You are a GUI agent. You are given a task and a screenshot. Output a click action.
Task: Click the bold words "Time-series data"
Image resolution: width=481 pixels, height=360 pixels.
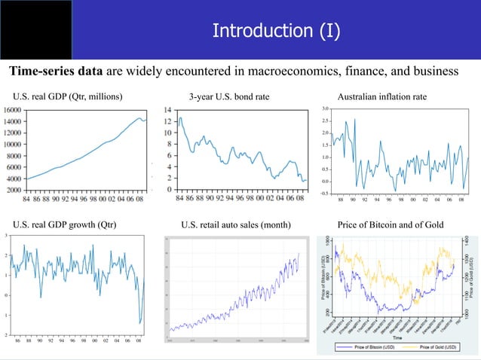[x=56, y=72]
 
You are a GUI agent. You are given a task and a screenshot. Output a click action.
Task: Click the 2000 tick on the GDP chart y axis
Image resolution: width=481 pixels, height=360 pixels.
[x=14, y=191]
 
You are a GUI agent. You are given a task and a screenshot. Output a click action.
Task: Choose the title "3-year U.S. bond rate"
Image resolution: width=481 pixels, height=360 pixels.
[x=228, y=97]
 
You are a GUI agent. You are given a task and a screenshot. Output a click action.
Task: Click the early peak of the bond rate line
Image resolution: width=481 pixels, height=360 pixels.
[x=180, y=118]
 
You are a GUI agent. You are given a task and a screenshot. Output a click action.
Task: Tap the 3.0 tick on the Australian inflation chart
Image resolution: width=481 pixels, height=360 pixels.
[x=323, y=109]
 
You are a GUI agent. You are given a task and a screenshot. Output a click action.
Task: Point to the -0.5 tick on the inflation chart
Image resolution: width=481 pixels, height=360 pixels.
[x=323, y=194]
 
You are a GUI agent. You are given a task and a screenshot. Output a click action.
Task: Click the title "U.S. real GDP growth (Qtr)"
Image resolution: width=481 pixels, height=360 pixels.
[x=65, y=225]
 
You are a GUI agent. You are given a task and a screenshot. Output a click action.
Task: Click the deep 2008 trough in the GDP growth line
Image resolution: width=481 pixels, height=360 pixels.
[x=140, y=323]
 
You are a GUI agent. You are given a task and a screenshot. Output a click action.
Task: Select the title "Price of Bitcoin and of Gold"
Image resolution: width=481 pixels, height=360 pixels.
[x=391, y=225]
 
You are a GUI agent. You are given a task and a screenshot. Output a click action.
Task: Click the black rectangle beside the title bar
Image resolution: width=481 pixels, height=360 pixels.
[x=35, y=30]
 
